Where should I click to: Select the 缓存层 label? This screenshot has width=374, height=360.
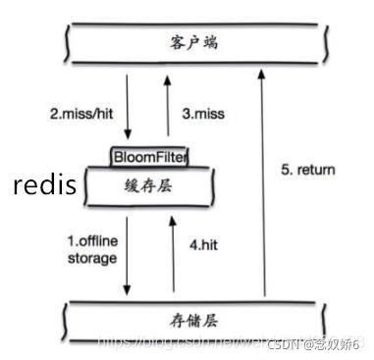(148, 186)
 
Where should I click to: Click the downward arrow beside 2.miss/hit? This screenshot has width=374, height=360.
(129, 108)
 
